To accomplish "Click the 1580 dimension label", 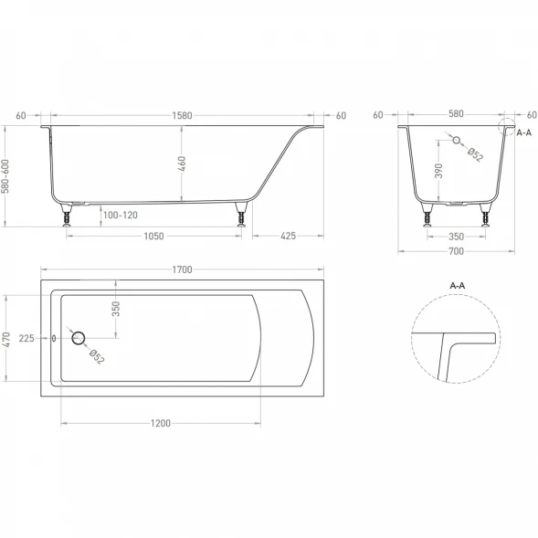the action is [x=182, y=116].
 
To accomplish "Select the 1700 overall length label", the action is [x=182, y=269].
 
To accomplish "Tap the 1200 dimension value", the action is [x=161, y=424].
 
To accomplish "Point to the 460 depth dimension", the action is [x=182, y=164].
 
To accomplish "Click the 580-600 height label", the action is [x=6, y=176].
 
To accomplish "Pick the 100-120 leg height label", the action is [x=121, y=216].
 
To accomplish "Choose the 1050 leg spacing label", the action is [x=153, y=236].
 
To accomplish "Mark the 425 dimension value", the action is [x=289, y=236].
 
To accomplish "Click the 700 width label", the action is [x=457, y=251].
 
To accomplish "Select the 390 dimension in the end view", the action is [x=438, y=171].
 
